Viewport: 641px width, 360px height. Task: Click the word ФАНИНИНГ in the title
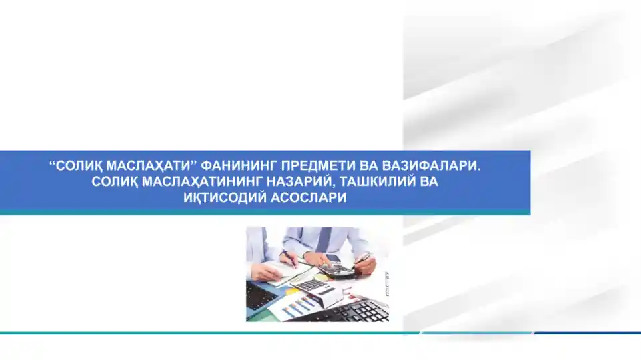click(239, 166)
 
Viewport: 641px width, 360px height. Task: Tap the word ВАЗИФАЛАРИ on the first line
click(431, 166)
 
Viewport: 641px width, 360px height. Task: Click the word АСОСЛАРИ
click(309, 198)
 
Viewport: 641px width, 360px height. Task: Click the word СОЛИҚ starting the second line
click(113, 182)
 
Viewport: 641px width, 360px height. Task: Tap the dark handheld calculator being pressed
click(336, 269)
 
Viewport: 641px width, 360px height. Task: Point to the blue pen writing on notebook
click(291, 257)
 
